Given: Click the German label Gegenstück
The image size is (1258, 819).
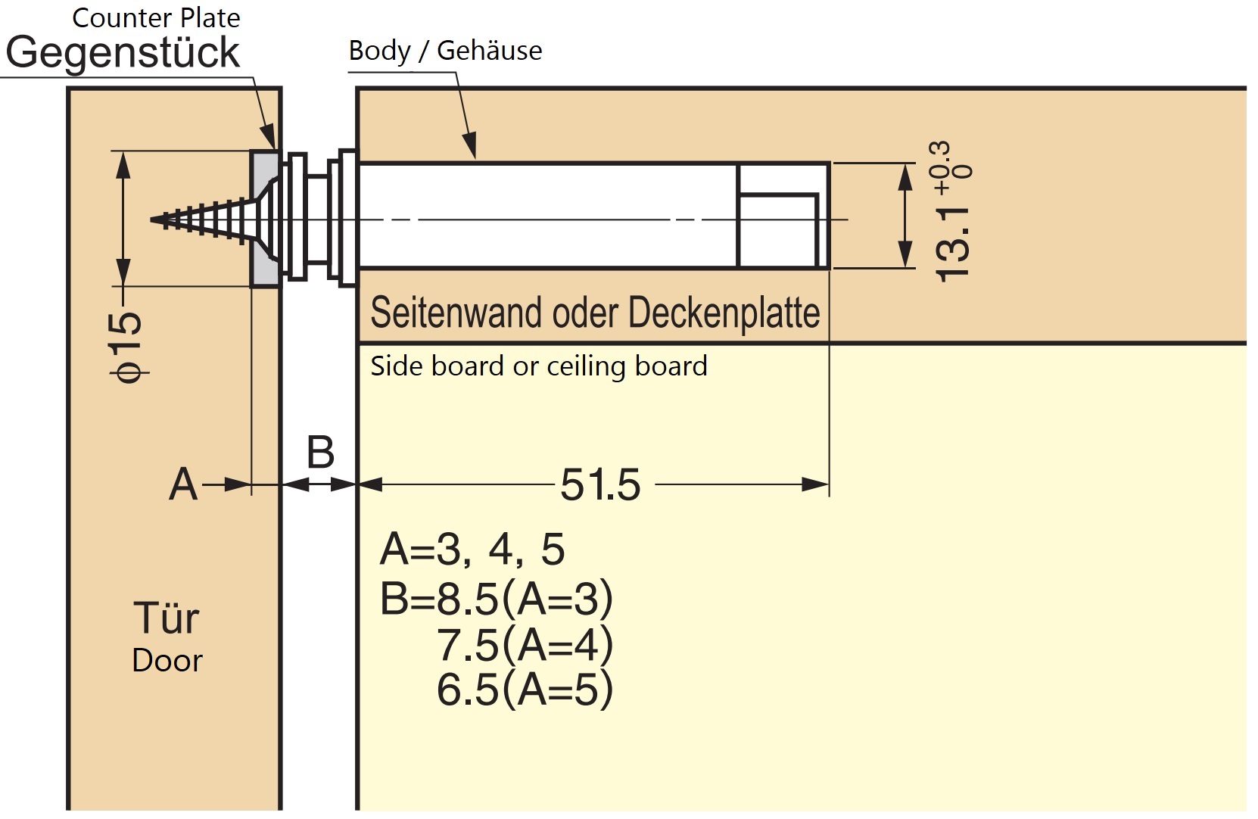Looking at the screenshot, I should coord(122,52).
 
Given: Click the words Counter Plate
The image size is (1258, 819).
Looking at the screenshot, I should coord(156,17).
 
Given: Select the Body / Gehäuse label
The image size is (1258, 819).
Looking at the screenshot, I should coord(445,51).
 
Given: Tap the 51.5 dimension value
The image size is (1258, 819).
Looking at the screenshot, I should coord(600,484).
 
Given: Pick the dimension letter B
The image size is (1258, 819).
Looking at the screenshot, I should coord(320,453).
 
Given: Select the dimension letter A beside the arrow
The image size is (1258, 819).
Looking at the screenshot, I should coord(183,484).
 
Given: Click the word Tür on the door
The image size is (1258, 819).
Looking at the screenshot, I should coord(167,618).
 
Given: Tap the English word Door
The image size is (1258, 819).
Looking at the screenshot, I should coord(167,661).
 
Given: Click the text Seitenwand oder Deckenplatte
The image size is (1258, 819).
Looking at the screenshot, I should coord(595,313).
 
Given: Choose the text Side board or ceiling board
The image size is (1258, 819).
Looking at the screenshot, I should coord(539,366).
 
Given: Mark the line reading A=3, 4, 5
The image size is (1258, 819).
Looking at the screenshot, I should coord(472,549).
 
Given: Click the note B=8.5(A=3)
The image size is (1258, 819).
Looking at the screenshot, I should coord(497,599).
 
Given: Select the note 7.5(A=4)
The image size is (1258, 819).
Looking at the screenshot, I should coord(525,645).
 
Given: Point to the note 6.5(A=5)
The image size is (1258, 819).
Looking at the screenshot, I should coord(525,690).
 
